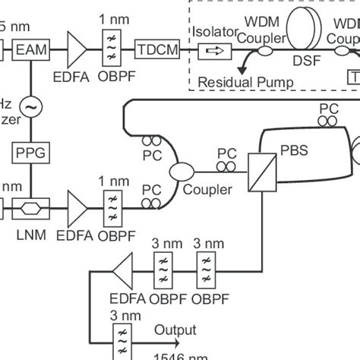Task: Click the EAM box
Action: point(30,51)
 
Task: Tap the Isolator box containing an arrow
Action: point(213,51)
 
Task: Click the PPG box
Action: point(30,153)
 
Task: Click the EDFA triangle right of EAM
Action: point(77,51)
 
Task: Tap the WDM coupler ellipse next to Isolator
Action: point(265,52)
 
